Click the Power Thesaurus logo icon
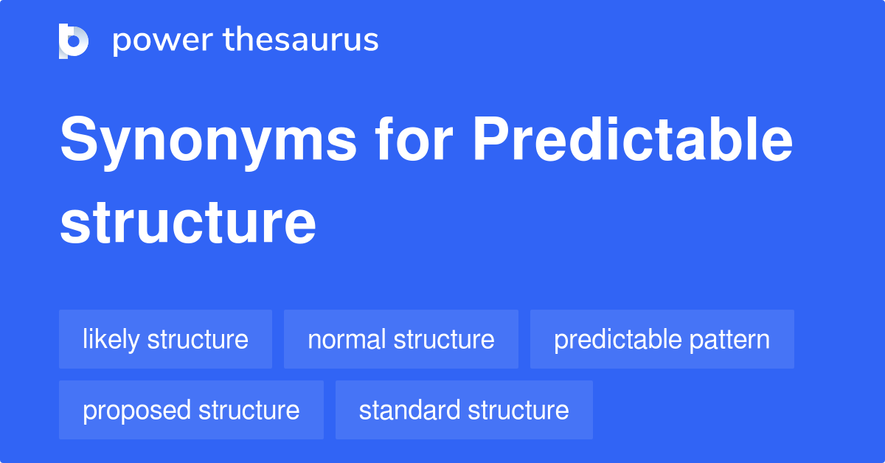click(x=74, y=41)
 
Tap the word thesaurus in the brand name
click(x=301, y=39)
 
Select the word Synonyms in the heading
click(x=208, y=143)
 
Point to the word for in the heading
click(x=414, y=139)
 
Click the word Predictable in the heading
click(x=633, y=139)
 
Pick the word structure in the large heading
click(x=187, y=223)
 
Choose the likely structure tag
click(x=165, y=339)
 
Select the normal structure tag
click(x=401, y=339)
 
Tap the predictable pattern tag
click(x=662, y=339)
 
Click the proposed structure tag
click(x=191, y=410)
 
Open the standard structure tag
click(x=464, y=410)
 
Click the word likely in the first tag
click(x=111, y=340)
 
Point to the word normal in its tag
click(x=347, y=339)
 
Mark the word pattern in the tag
click(x=729, y=340)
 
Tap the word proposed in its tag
click(x=136, y=411)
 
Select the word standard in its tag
click(x=409, y=410)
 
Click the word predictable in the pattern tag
click(x=618, y=340)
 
